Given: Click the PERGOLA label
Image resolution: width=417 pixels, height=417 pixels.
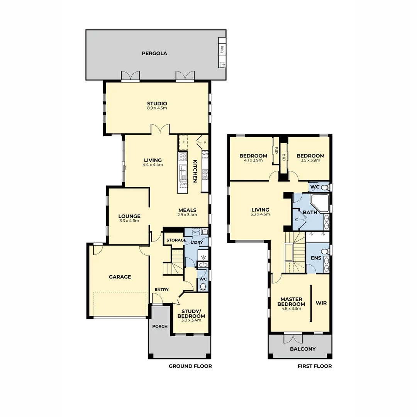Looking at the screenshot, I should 154,53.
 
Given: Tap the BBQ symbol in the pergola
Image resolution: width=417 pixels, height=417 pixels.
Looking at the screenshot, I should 222,49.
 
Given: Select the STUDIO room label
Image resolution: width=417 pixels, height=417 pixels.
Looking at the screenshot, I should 157,103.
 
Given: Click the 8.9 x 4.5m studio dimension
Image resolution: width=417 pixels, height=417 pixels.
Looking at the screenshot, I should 157,108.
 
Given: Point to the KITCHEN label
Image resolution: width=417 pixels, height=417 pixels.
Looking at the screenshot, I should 195,171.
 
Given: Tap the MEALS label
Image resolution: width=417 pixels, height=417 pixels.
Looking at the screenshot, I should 187,210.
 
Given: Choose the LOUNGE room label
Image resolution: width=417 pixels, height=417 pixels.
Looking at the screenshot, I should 129,216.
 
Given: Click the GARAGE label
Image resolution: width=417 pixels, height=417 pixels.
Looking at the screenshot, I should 120,276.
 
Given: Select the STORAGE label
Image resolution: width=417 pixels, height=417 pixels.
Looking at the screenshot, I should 176,240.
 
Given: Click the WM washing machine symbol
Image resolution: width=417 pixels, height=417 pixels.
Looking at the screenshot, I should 196,232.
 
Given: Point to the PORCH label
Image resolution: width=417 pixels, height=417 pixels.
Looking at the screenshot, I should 160,326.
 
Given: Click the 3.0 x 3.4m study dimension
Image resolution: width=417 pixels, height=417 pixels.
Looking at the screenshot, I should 191,320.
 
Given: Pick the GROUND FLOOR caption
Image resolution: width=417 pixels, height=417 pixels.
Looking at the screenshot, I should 190,366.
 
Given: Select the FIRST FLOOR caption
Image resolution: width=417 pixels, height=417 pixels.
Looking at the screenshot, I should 314,366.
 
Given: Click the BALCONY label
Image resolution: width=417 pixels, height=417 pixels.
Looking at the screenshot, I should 303,349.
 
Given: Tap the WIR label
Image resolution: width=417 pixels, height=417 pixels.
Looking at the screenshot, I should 321,303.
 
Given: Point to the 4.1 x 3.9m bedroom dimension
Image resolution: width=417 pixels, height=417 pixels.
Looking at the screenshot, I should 253,160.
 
